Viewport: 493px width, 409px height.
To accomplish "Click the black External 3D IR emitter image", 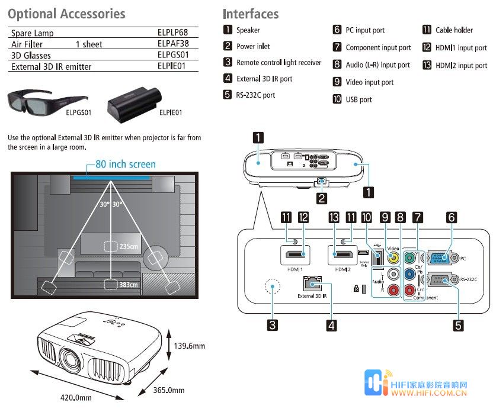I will point(134,101).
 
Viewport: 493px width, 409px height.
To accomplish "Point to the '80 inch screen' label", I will point(125,164).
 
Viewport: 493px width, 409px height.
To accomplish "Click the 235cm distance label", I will point(129,246).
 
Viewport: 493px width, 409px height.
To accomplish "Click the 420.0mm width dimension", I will point(76,398).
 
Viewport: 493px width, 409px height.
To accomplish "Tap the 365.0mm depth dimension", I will point(168,390).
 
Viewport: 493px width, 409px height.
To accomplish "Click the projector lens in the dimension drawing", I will point(71,359).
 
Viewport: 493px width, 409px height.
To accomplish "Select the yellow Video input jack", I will point(392,257).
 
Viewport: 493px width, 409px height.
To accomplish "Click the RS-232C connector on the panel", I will point(440,280).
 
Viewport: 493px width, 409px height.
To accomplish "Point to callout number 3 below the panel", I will point(273,324).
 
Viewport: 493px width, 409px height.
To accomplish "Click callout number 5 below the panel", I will point(458,324).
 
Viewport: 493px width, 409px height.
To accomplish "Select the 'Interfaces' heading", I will point(251,14).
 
